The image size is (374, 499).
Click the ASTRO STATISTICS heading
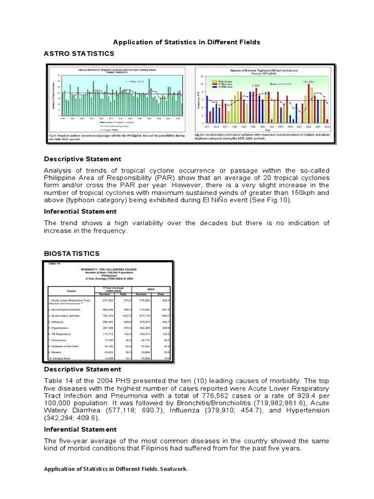(79, 53)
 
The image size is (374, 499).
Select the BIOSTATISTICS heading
(72, 253)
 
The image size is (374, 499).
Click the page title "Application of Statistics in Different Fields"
(187, 42)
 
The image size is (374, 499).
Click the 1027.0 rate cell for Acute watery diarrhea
(126, 315)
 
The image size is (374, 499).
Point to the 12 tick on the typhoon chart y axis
(201, 77)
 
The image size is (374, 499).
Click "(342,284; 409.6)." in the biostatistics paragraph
(72, 418)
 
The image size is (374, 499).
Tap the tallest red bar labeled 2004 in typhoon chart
(308, 103)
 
